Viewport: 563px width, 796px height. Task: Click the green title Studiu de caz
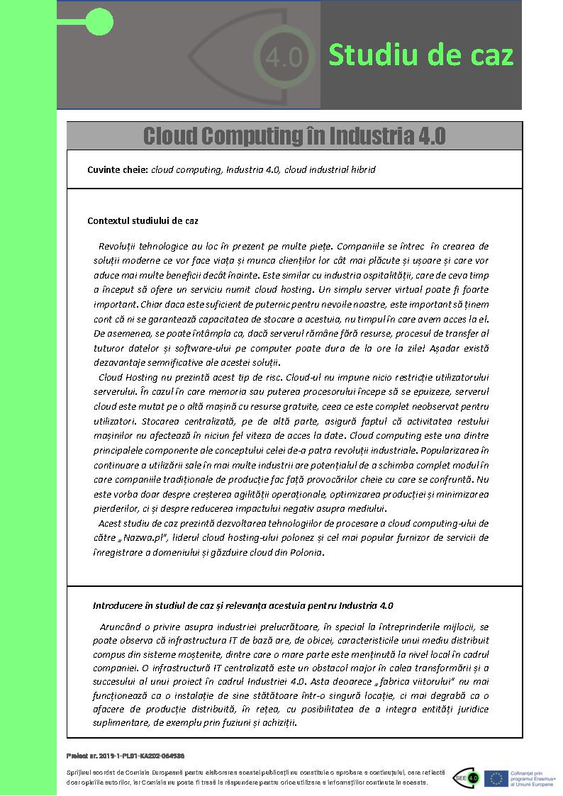(420, 55)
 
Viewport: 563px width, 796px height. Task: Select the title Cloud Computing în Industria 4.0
(294, 135)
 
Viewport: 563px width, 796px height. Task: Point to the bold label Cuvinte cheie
(118, 170)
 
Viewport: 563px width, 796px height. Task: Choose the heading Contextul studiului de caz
(143, 220)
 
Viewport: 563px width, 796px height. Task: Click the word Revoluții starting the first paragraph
(122, 246)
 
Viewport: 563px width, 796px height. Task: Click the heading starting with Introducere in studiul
(243, 606)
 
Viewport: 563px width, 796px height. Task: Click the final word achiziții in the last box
(277, 724)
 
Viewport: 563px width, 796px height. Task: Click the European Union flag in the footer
(494, 778)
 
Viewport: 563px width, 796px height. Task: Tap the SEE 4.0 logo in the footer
(465, 778)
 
